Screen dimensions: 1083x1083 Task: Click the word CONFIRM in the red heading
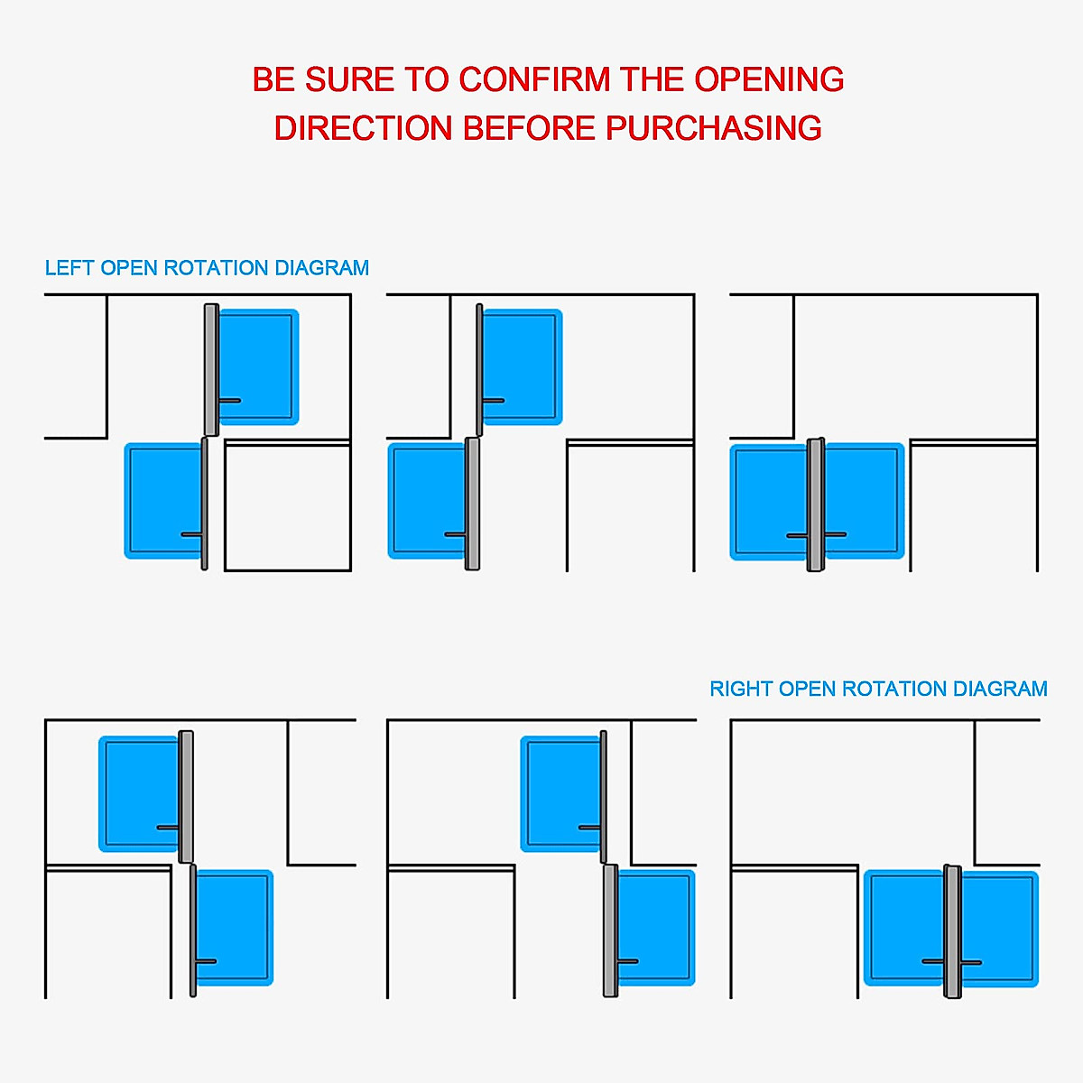pos(534,80)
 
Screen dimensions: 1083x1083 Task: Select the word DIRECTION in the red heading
pos(363,128)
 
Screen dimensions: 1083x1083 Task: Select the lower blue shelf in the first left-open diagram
pos(162,501)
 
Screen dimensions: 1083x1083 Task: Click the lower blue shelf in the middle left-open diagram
pos(426,501)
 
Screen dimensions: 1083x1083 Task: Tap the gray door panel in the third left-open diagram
pos(815,505)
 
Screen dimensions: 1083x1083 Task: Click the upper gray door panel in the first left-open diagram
pos(210,370)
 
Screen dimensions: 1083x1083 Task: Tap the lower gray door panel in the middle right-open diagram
pos(610,930)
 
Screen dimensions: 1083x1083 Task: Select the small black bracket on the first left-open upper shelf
pos(229,400)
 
